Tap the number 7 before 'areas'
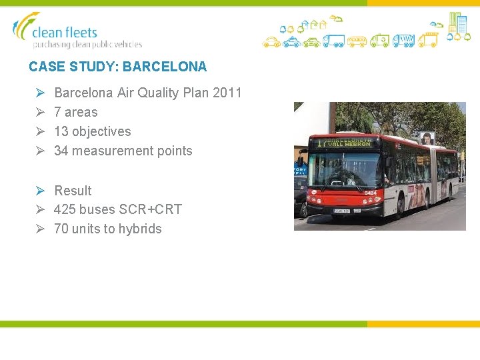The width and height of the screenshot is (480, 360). [x=57, y=112]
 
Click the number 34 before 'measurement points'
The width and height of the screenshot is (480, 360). [x=61, y=151]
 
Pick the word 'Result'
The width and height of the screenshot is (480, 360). [x=73, y=191]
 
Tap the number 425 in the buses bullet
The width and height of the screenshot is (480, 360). [x=65, y=209]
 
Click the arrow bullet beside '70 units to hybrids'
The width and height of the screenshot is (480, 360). [x=40, y=229]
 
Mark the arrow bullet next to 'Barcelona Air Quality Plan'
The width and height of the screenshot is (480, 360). [x=40, y=93]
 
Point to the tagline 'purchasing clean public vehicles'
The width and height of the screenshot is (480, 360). [x=87, y=45]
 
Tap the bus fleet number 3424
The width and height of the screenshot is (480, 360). [x=370, y=193]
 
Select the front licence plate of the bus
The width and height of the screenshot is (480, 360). [x=343, y=211]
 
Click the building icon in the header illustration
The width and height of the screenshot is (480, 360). [x=457, y=23]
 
